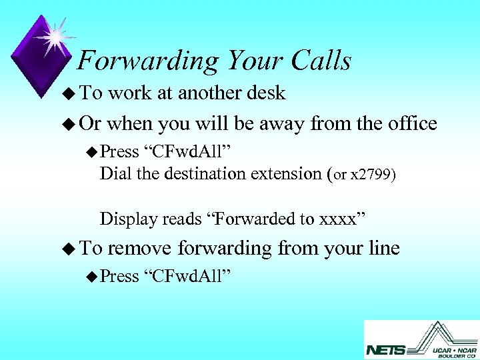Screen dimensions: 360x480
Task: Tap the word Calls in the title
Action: tap(321, 61)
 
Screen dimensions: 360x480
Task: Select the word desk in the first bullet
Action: tap(263, 93)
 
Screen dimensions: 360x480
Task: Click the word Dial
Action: tap(114, 174)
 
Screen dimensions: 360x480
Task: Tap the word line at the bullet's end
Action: tap(383, 249)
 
